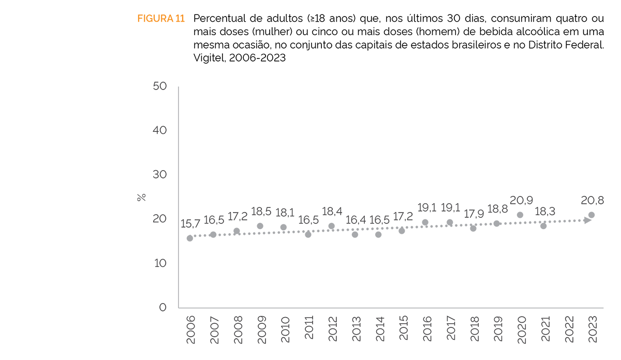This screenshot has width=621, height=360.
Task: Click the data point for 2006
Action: (190, 238)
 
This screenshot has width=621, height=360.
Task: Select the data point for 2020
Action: (520, 215)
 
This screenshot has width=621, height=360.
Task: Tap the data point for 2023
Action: (592, 215)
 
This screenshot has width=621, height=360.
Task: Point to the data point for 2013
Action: (355, 234)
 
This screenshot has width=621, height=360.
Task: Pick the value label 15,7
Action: (190, 224)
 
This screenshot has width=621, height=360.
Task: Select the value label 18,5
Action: (260, 212)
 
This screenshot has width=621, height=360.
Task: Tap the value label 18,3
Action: (543, 212)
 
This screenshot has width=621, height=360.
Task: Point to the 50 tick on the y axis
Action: (160, 86)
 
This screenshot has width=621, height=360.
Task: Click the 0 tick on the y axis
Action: (163, 307)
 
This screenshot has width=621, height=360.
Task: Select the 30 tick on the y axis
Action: (160, 174)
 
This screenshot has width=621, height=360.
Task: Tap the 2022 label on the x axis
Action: (568, 328)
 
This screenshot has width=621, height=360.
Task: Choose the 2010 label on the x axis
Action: (284, 328)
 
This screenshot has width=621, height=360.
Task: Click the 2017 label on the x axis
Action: (450, 328)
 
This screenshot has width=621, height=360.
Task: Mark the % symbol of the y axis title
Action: (141, 197)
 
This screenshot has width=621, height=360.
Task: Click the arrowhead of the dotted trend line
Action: (587, 220)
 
